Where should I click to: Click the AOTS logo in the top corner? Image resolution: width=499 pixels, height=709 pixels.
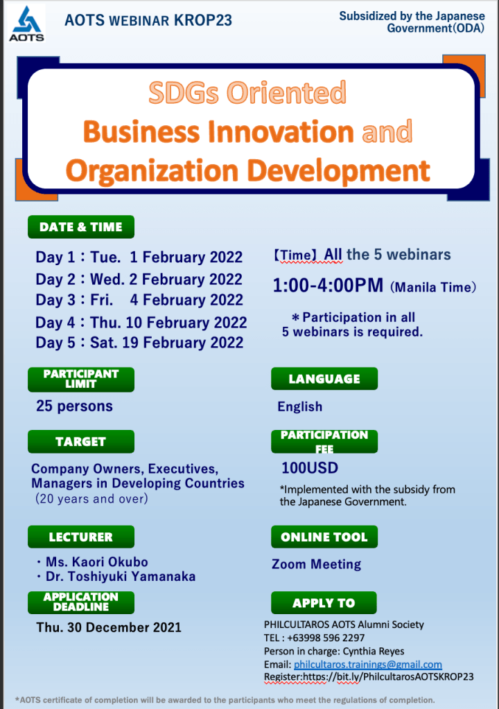27,24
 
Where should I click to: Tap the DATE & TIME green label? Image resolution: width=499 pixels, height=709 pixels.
81,227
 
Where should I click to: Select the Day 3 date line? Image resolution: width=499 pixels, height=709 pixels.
139,300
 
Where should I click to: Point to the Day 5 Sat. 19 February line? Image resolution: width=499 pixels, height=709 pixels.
139,343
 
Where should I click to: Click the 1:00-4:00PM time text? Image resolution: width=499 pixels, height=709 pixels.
328,285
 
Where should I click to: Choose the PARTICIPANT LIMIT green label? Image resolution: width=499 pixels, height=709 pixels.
81,379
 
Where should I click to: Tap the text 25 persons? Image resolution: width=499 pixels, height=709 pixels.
74,406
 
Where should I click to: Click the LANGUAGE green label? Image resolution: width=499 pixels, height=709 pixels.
324,379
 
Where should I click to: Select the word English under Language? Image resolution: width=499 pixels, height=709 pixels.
300,406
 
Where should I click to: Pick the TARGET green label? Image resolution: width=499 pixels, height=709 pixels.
81,442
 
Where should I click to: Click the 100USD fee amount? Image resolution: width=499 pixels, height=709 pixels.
310,468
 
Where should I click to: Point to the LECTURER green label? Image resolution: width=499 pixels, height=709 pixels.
81,537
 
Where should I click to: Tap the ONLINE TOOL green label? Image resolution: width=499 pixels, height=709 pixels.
324,537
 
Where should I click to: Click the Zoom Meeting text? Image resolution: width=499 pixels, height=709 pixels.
317,564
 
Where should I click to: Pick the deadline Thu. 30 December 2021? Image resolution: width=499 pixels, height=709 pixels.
109,627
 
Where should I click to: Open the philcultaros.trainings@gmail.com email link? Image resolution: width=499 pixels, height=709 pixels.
368,665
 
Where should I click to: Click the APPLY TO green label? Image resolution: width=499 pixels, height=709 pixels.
324,603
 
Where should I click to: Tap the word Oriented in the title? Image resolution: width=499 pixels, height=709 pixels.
286,93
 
